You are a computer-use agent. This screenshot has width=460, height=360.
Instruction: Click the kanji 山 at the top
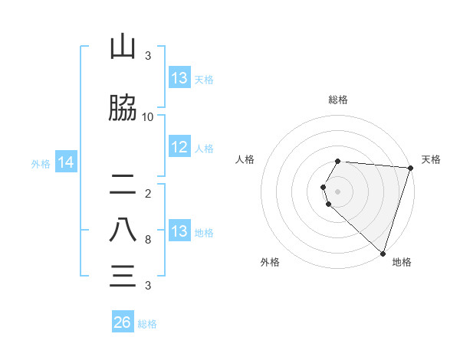pyautogui.click(x=123, y=48)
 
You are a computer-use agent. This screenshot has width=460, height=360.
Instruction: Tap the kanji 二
pyautogui.click(x=123, y=184)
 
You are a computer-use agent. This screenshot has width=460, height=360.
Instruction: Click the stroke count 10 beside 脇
pyautogui.click(x=148, y=117)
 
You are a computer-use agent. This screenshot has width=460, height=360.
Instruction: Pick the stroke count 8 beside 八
pyautogui.click(x=148, y=240)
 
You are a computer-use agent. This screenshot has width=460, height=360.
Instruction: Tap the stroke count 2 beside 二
pyautogui.click(x=148, y=193)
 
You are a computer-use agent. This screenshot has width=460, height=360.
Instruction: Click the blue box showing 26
pyautogui.click(x=123, y=322)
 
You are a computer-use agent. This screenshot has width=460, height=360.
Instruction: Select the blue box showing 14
pyautogui.click(x=65, y=162)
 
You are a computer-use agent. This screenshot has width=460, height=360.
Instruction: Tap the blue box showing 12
pyautogui.click(x=179, y=147)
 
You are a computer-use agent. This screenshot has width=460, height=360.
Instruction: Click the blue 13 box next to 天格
pyautogui.click(x=179, y=78)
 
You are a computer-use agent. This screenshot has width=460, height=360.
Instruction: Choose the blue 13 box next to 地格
pyautogui.click(x=179, y=231)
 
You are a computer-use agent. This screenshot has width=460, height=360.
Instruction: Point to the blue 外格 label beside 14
pyautogui.click(x=41, y=163)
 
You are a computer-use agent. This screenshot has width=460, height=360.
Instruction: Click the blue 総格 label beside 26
pyautogui.click(x=147, y=324)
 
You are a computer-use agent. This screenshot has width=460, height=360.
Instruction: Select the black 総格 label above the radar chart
pyautogui.click(x=338, y=100)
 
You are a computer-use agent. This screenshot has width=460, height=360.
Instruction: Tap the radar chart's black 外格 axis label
pyautogui.click(x=270, y=262)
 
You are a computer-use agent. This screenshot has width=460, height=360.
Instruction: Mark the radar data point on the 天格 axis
pyautogui.click(x=411, y=169)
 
